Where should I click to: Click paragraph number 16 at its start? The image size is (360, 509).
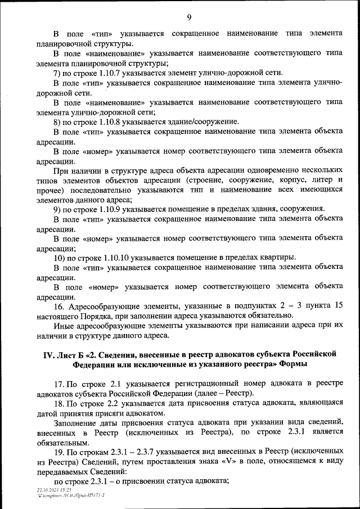tap(58, 306)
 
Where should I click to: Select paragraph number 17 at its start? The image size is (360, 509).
tap(58, 384)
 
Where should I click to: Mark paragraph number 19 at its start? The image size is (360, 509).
tap(58, 451)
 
